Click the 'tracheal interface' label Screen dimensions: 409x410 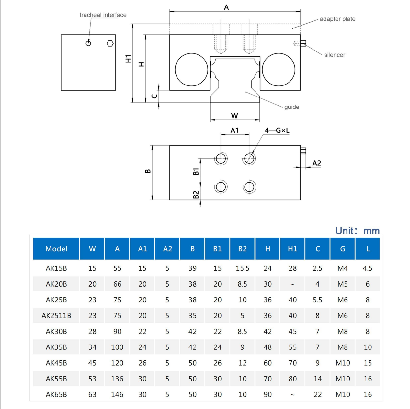click(x=103, y=15)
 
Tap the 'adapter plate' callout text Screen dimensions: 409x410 click(x=337, y=19)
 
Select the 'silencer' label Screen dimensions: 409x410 click(x=335, y=55)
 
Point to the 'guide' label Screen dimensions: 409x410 click(x=291, y=107)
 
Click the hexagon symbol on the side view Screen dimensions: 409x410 click(x=110, y=43)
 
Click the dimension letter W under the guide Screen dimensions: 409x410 click(x=234, y=116)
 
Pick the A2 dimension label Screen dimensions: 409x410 click(x=316, y=163)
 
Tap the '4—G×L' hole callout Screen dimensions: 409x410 click(x=277, y=131)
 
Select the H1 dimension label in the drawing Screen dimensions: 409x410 click(x=128, y=59)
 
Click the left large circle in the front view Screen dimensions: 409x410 click(x=191, y=70)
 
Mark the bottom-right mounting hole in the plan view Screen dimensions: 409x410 click(x=249, y=187)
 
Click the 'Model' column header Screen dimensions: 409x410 click(x=56, y=249)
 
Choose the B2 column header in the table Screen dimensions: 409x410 click(x=242, y=249)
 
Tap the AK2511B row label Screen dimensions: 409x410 click(x=56, y=316)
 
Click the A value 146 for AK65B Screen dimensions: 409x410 click(x=117, y=394)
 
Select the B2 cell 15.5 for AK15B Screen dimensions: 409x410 click(x=242, y=268)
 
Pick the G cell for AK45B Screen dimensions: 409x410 click(x=343, y=363)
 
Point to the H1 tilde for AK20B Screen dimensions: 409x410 click(x=292, y=284)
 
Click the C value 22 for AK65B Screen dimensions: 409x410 click(x=318, y=394)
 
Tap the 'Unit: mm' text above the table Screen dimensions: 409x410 click(x=357, y=231)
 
